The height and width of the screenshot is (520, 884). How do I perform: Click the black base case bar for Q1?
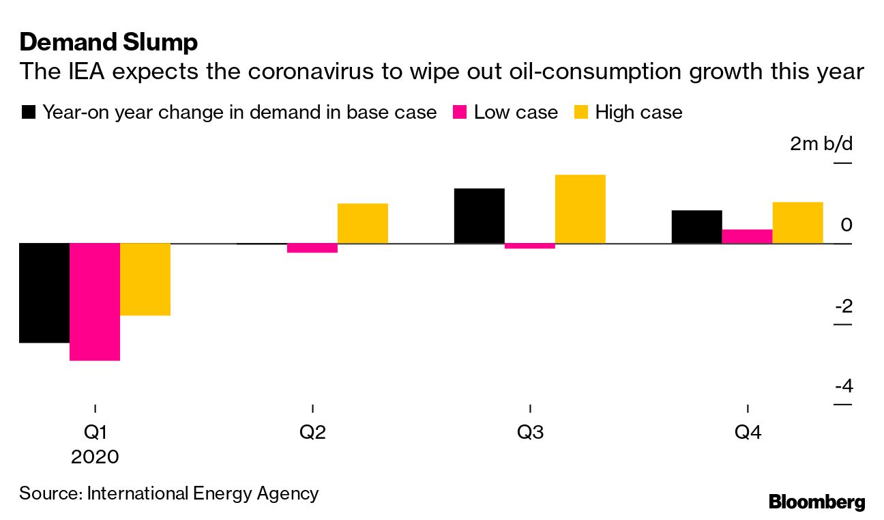tap(44, 293)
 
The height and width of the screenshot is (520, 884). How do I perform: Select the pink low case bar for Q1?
tap(95, 301)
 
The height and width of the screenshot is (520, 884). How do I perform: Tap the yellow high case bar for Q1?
tap(145, 279)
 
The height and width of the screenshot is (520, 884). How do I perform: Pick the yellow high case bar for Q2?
tap(363, 223)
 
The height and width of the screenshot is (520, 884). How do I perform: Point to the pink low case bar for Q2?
tap(312, 248)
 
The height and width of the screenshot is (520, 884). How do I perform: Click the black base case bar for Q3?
tap(480, 216)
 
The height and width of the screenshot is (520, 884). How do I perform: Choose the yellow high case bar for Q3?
tap(580, 209)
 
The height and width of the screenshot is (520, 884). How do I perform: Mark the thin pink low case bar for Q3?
tap(530, 246)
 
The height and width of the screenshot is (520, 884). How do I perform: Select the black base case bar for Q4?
tap(697, 227)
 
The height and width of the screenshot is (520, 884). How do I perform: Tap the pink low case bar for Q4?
tap(748, 236)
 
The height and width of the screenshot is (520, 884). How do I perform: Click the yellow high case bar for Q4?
tap(798, 222)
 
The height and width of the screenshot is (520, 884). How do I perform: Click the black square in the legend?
tap(28, 113)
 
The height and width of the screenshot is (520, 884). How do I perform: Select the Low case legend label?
tap(516, 113)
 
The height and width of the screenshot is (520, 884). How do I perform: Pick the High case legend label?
tap(638, 113)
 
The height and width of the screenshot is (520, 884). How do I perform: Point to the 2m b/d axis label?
tap(821, 145)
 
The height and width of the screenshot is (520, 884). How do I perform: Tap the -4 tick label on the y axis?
tap(843, 386)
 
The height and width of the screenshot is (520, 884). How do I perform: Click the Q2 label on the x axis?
tap(312, 433)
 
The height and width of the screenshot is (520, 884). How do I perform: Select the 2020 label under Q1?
tap(95, 457)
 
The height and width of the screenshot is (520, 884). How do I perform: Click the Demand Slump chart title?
tap(109, 42)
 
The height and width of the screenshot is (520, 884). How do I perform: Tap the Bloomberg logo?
tap(817, 502)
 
